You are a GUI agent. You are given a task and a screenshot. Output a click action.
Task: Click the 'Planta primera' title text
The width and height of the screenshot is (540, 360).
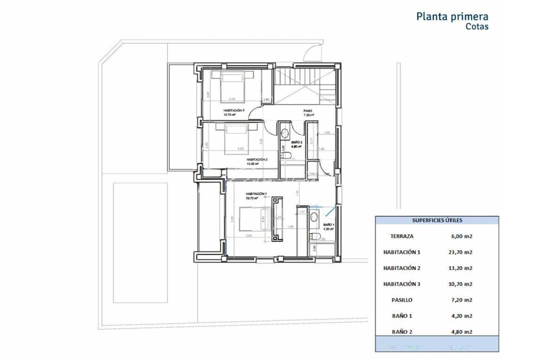point(452,17)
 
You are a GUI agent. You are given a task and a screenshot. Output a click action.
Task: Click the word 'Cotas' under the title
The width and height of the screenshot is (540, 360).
point(477,27)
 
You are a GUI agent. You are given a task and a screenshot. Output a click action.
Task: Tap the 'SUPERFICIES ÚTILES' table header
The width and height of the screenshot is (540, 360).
point(437,220)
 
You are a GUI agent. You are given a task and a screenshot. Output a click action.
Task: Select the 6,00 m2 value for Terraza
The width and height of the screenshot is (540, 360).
point(460,236)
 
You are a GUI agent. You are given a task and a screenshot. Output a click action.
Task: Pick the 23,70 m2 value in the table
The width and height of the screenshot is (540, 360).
point(460,252)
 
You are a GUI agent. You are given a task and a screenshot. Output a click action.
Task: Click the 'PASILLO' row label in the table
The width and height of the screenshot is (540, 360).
point(402,300)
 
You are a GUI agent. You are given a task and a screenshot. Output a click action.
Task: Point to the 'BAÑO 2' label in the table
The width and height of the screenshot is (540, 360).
point(402,332)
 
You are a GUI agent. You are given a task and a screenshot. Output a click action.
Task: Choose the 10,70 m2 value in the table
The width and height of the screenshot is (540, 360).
point(460,284)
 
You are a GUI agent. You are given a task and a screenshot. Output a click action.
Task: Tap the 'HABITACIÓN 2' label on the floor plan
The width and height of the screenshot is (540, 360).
point(257,160)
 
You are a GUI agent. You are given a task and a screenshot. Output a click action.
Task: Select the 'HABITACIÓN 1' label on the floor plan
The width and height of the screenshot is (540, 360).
point(256,194)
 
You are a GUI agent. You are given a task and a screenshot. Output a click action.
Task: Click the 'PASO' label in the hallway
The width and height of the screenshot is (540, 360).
point(307,111)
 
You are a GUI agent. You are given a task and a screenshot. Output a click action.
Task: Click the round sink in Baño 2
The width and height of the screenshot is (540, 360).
point(285,133)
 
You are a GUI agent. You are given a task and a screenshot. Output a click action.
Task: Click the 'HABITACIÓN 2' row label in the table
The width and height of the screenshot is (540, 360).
point(402,268)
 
